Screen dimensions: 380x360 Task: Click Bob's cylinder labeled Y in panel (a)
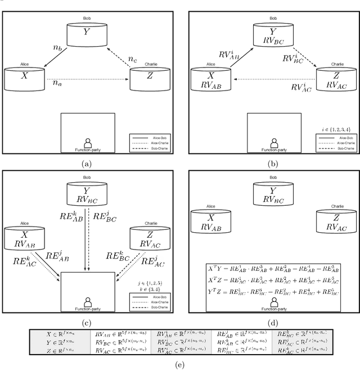point(86,33)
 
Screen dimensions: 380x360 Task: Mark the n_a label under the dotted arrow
point(57,83)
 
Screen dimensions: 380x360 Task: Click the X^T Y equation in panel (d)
point(274,269)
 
